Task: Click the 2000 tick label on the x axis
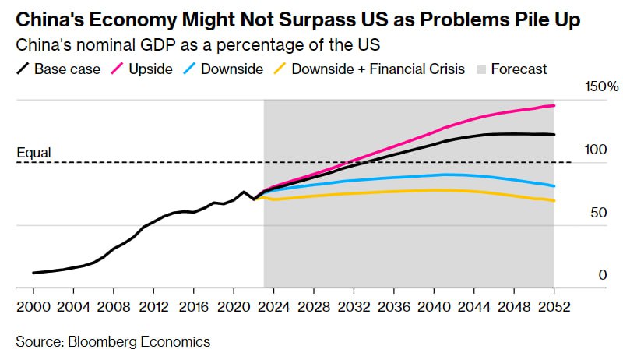point(33,307)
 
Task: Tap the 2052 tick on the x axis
point(554,307)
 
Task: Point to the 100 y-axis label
point(594,149)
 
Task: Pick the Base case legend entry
point(67,69)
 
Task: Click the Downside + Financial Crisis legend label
point(378,69)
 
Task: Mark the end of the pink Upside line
point(554,105)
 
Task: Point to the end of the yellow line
point(554,201)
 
